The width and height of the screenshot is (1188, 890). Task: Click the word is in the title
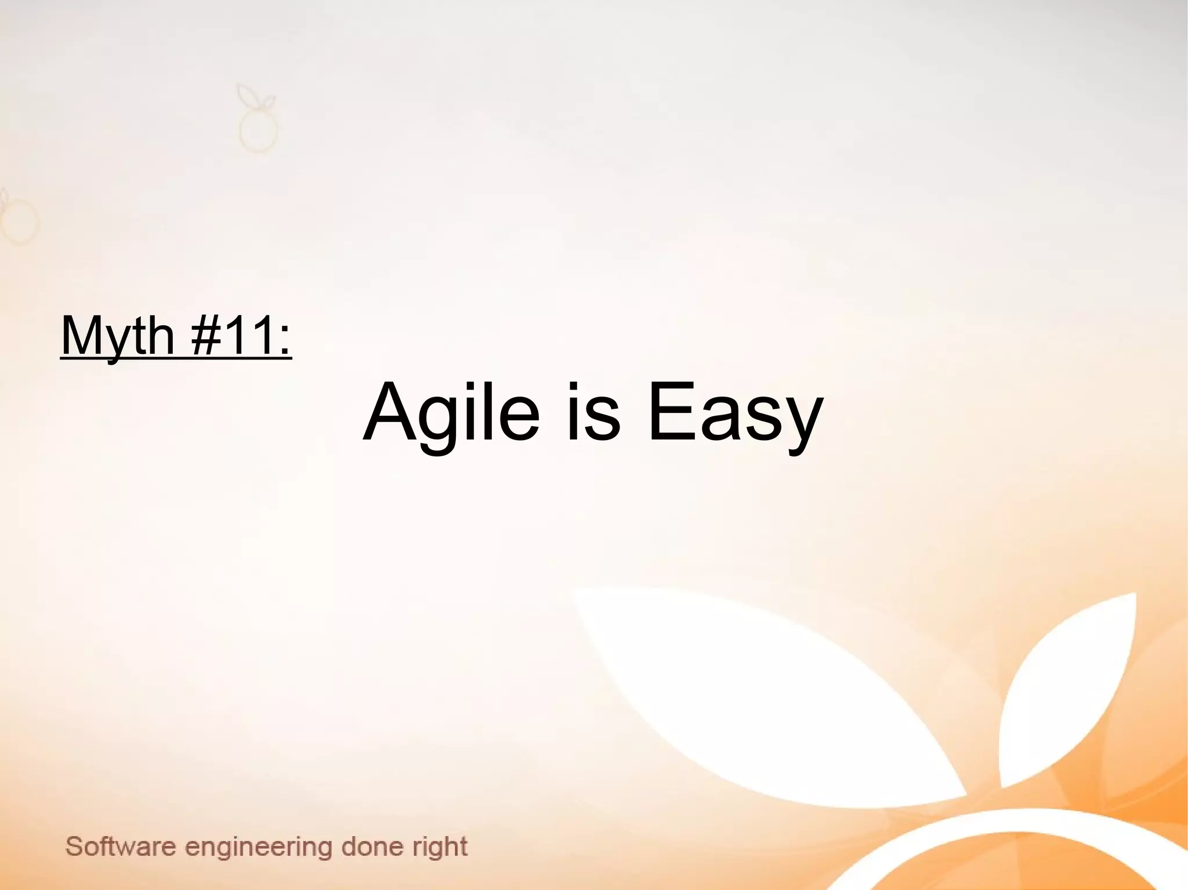pyautogui.click(x=593, y=413)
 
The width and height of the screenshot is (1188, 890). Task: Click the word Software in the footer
pyautogui.click(x=121, y=847)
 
